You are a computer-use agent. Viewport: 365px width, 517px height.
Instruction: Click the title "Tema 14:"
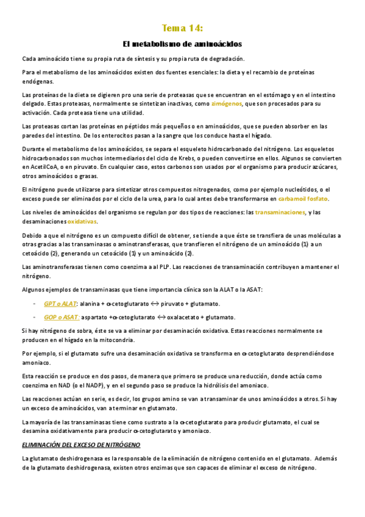tap(182, 28)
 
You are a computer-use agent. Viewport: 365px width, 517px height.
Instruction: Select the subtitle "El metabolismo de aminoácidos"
tap(182, 44)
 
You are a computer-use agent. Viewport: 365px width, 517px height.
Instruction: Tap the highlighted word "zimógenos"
tap(225, 104)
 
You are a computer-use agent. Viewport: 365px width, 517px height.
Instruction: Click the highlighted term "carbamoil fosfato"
tap(303, 199)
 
